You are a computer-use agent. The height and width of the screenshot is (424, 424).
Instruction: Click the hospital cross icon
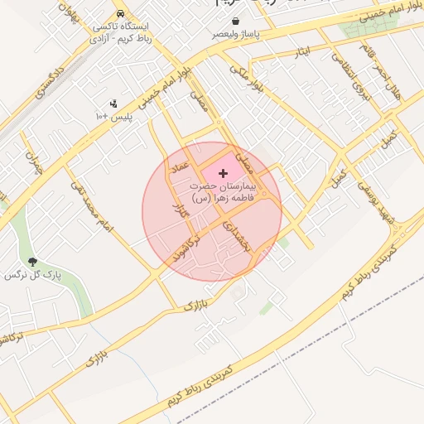[x=224, y=173]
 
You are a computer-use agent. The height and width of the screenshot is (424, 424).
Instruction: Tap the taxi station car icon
[x=122, y=15]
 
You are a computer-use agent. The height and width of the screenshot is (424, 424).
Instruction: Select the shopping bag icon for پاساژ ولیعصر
[x=237, y=21]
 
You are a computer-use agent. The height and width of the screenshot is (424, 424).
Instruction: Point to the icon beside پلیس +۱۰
[x=113, y=104]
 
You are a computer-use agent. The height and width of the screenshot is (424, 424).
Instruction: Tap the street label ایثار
[x=301, y=53]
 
